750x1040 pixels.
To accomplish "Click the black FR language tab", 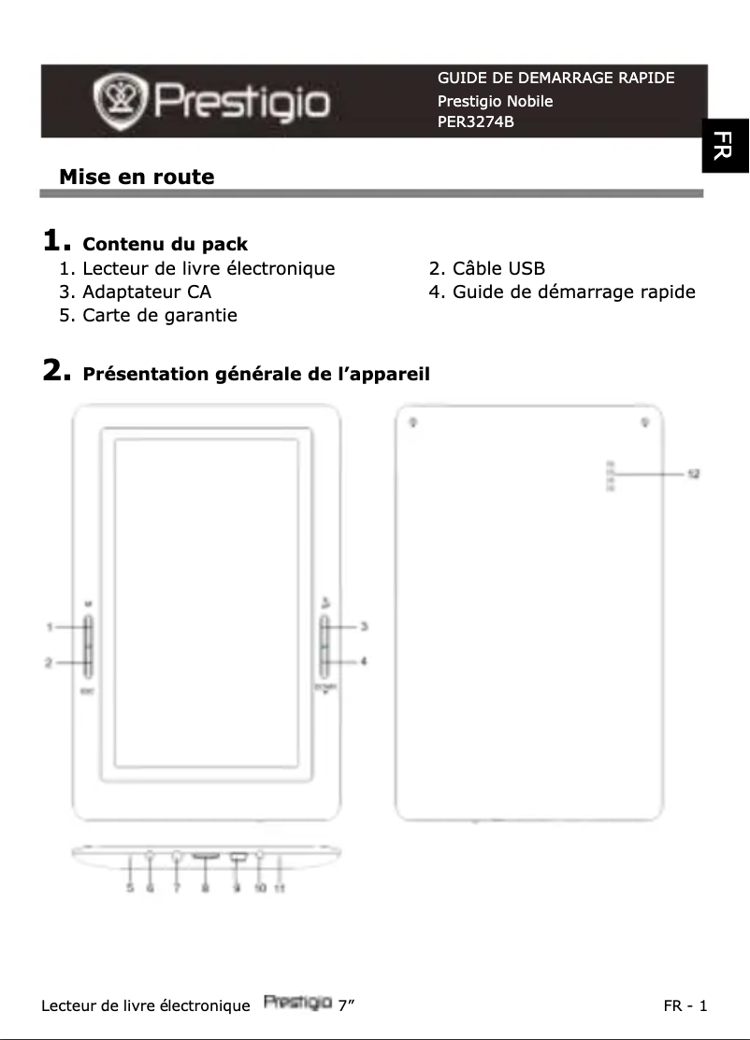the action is coord(726,146).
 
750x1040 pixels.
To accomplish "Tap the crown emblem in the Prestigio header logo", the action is coord(121,101).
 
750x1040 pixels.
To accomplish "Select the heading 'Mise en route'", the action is coord(137,177).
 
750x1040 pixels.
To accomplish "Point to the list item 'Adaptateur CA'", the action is coord(146,292).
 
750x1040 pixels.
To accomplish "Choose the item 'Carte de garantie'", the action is coord(159,315).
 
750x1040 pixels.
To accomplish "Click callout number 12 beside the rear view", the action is coord(694,474).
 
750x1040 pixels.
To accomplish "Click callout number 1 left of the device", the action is coord(50,626).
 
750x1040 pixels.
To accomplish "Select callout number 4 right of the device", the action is coord(363,662).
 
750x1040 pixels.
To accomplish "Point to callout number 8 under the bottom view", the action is coord(205,889).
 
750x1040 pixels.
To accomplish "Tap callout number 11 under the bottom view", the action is coord(279,889).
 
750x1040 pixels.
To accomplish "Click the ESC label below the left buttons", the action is coord(87,691).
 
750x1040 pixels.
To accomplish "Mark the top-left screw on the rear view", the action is coord(413,422).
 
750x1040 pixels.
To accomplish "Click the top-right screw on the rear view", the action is coord(645,422).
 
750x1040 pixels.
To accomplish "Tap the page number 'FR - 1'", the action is coord(685,1005).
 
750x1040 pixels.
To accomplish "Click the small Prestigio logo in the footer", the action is coord(297,1004).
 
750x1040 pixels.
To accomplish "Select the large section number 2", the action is coord(56,372).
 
